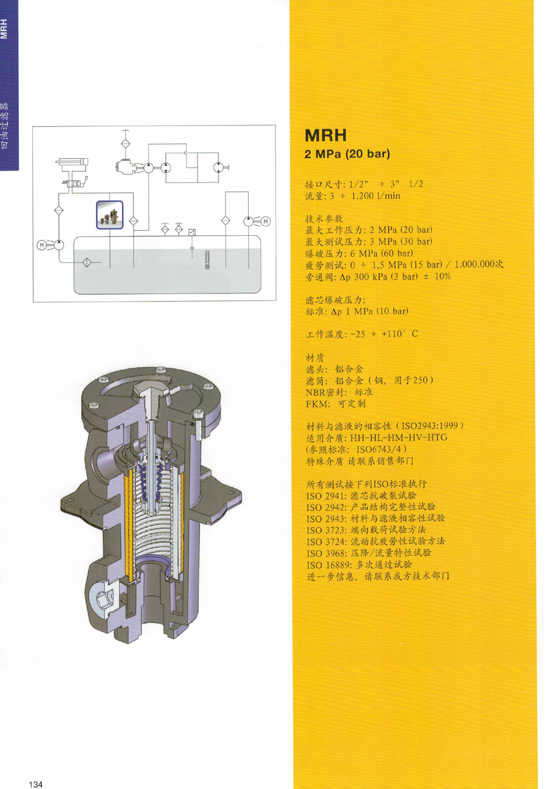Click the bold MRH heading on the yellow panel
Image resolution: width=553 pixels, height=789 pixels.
pos(326,135)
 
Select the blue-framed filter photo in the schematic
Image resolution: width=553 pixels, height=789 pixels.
pos(110,215)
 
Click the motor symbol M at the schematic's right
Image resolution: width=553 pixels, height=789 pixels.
pos(265,222)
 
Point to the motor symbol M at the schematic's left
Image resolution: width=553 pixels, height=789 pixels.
pos(41,245)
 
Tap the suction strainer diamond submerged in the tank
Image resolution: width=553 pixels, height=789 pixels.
pos(87,263)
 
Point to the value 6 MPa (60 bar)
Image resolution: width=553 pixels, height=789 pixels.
pos(382,253)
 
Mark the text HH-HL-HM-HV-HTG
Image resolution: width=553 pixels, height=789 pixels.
pos(399,437)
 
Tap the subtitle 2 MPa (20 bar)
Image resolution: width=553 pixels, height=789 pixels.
pos(347,154)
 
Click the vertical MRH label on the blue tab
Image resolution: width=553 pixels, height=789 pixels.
pos(4,29)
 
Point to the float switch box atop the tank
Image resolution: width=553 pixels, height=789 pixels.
pos(192,232)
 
